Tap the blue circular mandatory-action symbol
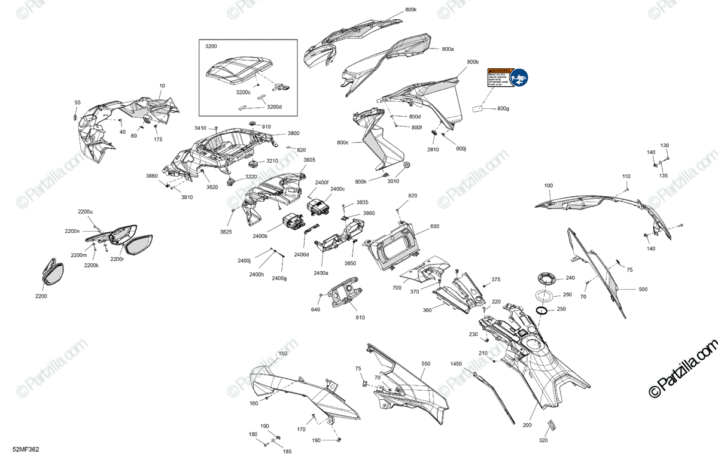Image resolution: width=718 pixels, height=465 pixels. coord(520,77)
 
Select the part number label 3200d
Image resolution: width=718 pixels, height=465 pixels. coord(274,107)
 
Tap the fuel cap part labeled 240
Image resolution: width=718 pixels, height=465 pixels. coord(546,278)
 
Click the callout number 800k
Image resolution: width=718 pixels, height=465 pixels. coord(411,10)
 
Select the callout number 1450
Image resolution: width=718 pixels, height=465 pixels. coord(457,363)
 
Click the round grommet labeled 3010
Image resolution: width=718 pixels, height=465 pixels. coord(407,165)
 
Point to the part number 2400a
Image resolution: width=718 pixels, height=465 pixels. coord(321,272)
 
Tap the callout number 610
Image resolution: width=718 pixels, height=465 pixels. coord(360,317)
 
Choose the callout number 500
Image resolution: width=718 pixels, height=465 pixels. coord(643,290)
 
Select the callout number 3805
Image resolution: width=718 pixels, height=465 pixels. coord(309,160)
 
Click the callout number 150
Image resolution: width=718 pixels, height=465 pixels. coord(283,354)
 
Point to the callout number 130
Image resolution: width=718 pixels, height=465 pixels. coord(665,145)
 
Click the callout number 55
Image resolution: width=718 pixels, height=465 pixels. coord(77,102)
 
